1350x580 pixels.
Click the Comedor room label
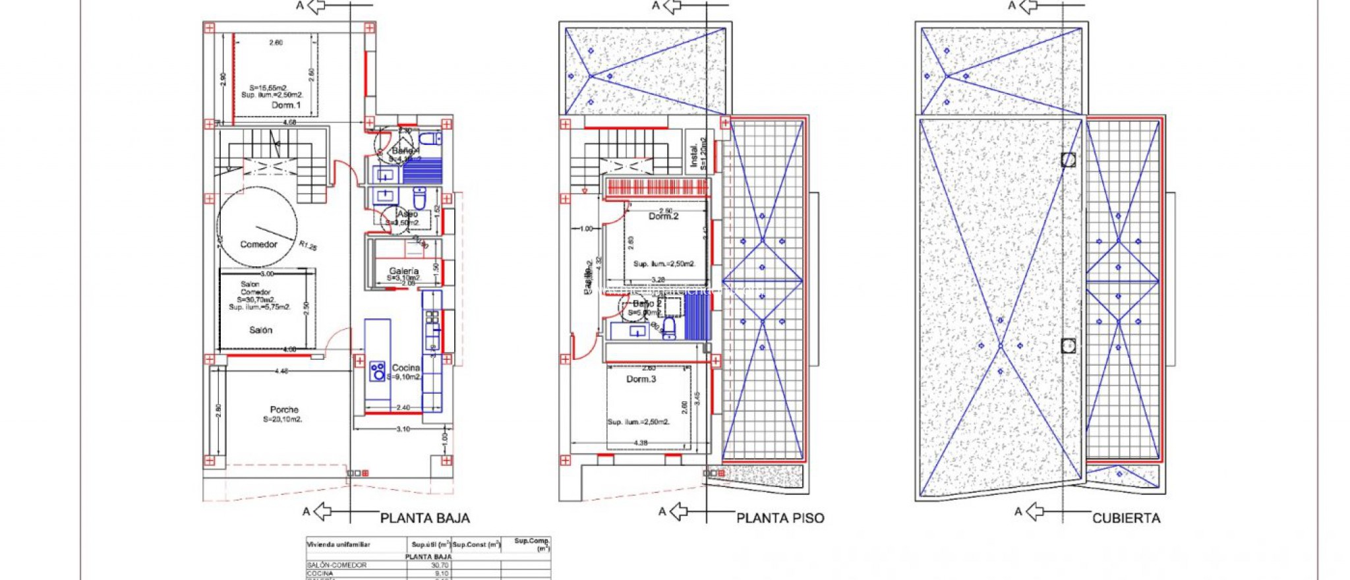(258, 245)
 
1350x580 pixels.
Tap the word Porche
(284, 410)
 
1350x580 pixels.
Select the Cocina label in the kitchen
(406, 368)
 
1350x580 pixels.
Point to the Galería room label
(403, 271)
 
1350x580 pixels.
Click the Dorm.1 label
(286, 105)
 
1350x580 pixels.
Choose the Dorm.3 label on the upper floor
(641, 379)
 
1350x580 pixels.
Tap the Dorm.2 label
(663, 216)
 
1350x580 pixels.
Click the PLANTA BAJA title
(425, 519)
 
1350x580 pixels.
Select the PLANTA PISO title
(780, 519)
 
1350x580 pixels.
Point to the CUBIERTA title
(1126, 519)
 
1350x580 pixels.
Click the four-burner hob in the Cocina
(378, 371)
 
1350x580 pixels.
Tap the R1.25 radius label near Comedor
(308, 246)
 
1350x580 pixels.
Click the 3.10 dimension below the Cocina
(403, 429)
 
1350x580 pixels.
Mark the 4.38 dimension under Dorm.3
(639, 443)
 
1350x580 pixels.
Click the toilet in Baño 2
(668, 328)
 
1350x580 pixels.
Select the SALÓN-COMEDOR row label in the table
(337, 565)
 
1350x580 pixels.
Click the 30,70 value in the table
(440, 565)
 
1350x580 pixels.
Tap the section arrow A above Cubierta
(1028, 6)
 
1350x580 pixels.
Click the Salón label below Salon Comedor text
(260, 330)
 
